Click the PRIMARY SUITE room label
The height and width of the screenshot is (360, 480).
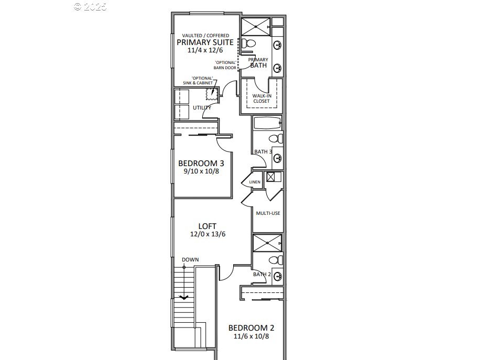pyautogui.click(x=205, y=42)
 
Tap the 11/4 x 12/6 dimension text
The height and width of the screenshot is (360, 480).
pyautogui.click(x=205, y=50)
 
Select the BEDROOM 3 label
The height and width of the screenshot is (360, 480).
pyautogui.click(x=201, y=163)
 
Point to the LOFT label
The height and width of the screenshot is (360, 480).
pyautogui.click(x=207, y=226)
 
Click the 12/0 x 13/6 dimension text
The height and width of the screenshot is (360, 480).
pyautogui.click(x=208, y=234)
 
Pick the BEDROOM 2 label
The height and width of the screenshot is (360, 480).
pyautogui.click(x=252, y=328)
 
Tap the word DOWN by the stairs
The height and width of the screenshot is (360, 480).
pyautogui.click(x=190, y=259)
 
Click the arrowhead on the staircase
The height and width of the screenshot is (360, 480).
pyautogui.click(x=184, y=297)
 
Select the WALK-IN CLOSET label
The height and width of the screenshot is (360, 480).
pyautogui.click(x=261, y=99)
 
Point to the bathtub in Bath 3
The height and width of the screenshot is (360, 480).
pyautogui.click(x=267, y=123)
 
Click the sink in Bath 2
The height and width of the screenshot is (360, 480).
pyautogui.click(x=278, y=277)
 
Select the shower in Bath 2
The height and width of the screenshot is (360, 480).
pyautogui.click(x=267, y=243)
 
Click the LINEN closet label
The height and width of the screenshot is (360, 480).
pyautogui.click(x=255, y=182)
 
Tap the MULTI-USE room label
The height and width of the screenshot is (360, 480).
pyautogui.click(x=268, y=213)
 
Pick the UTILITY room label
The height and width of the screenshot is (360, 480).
pyautogui.click(x=202, y=107)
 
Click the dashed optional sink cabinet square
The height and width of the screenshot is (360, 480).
pyautogui.click(x=212, y=94)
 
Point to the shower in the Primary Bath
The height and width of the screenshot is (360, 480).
pyautogui.click(x=256, y=27)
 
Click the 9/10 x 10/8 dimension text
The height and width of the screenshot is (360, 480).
pyautogui.click(x=201, y=171)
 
